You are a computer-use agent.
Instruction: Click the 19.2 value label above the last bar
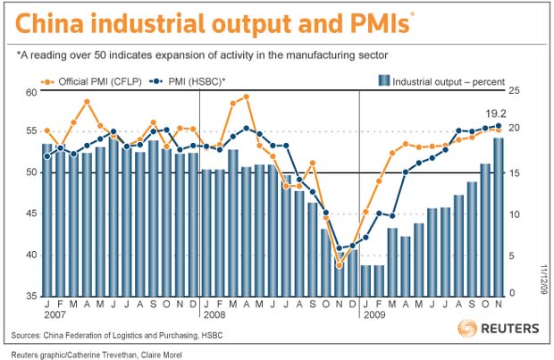click(x=495, y=113)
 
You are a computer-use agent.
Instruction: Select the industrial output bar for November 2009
click(x=499, y=217)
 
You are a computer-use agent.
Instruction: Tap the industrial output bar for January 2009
click(x=365, y=280)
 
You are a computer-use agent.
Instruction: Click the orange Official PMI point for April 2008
click(x=247, y=96)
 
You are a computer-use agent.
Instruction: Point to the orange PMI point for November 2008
click(x=340, y=265)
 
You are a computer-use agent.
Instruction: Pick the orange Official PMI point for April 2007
click(x=87, y=102)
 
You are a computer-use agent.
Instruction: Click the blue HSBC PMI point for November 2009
click(x=499, y=126)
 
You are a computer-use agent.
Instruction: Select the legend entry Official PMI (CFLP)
click(x=91, y=82)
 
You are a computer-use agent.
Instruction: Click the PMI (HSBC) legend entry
click(x=188, y=82)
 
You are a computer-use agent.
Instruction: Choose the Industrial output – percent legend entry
click(x=441, y=81)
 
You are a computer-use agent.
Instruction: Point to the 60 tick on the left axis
click(x=31, y=93)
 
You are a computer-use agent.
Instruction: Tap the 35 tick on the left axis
click(x=31, y=296)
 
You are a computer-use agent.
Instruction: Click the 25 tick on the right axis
click(x=514, y=91)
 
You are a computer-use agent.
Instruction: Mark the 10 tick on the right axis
click(x=514, y=214)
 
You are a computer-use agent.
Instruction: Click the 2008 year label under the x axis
click(x=214, y=314)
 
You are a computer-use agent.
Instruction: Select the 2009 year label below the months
click(x=374, y=314)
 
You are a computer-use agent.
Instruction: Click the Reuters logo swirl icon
click(x=466, y=328)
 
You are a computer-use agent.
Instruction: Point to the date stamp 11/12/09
click(x=543, y=279)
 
